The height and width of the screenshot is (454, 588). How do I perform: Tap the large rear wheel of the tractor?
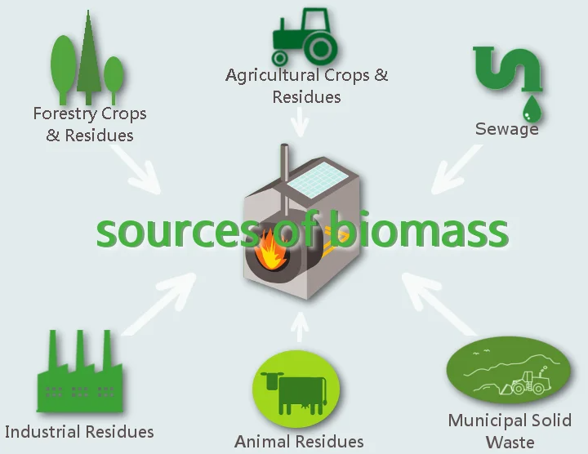click(x=321, y=48)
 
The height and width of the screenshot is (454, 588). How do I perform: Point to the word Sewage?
click(x=506, y=129)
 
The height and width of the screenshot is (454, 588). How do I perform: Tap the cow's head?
click(x=273, y=381)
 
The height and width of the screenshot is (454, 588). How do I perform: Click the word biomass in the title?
click(x=421, y=229)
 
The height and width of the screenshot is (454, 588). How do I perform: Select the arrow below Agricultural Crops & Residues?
click(x=300, y=122)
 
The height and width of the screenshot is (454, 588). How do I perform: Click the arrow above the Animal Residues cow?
click(x=300, y=327)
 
